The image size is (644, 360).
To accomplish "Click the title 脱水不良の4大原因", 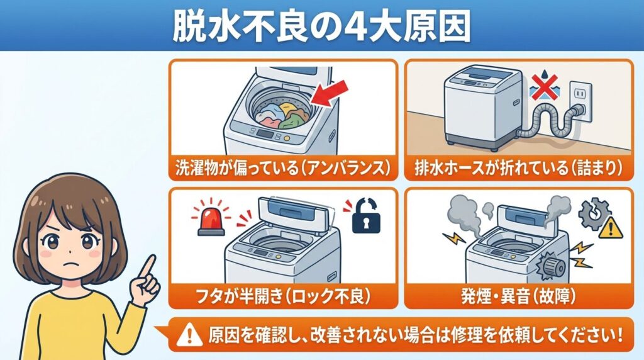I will click(321, 27).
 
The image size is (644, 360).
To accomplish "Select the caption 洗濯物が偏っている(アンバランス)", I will click(283, 168).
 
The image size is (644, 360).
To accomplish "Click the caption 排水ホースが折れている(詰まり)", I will click(518, 168).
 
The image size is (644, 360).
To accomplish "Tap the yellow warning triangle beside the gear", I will click(609, 230).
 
